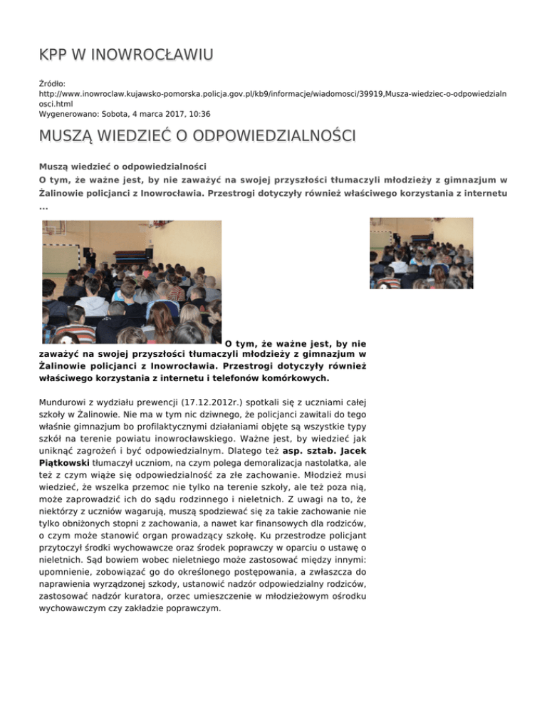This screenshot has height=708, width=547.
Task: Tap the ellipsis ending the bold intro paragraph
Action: click(43, 207)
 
